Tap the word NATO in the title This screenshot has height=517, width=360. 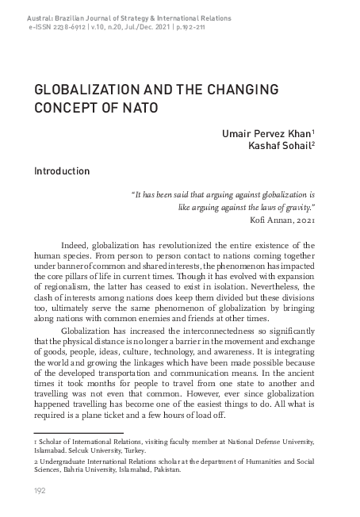(142, 106)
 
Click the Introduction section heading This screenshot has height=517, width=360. (61, 170)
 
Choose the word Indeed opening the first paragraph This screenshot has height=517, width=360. (74, 245)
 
